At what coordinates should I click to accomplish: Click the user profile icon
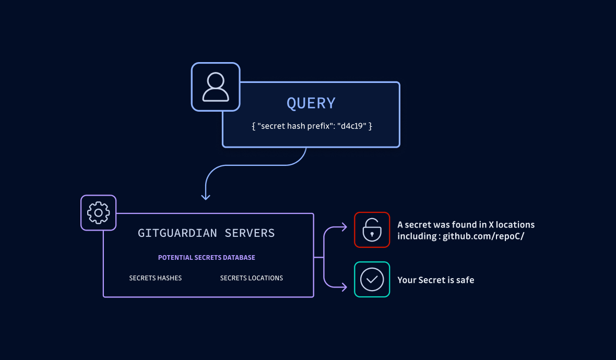(216, 87)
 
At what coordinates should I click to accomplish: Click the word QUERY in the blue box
(311, 103)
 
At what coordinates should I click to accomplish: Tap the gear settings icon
(98, 212)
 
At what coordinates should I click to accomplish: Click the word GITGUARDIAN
(177, 233)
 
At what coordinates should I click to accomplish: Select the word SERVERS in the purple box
(250, 233)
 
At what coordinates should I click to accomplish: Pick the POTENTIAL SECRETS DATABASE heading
(207, 258)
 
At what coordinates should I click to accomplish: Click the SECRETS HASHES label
(156, 278)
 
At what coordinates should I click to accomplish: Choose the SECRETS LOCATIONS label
(252, 278)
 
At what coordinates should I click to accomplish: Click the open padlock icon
(372, 230)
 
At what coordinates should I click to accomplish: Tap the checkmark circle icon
(372, 279)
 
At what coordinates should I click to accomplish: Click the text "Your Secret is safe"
(436, 280)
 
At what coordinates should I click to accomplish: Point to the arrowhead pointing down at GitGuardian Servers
(206, 197)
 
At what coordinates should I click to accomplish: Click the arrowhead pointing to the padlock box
(344, 227)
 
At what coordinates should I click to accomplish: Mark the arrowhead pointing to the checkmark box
(344, 286)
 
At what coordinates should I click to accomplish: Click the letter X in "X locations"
(491, 225)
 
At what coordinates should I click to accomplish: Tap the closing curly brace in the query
(370, 126)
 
